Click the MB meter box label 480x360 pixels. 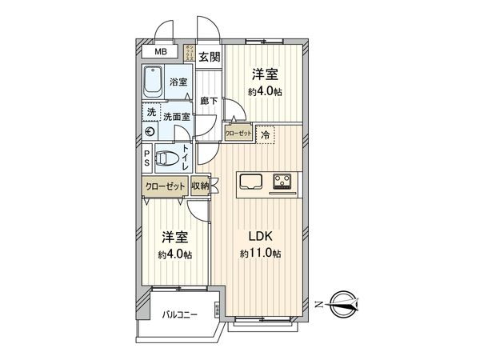tap(162, 53)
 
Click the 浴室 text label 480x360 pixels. tap(178, 82)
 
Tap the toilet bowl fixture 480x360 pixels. tap(166, 158)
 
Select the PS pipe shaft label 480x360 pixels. tap(148, 158)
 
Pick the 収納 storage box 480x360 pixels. tap(200, 186)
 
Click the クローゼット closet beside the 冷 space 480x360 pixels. tap(239, 135)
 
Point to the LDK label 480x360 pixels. tap(262, 237)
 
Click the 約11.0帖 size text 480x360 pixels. tap(262, 254)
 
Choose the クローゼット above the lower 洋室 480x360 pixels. tap(166, 186)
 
